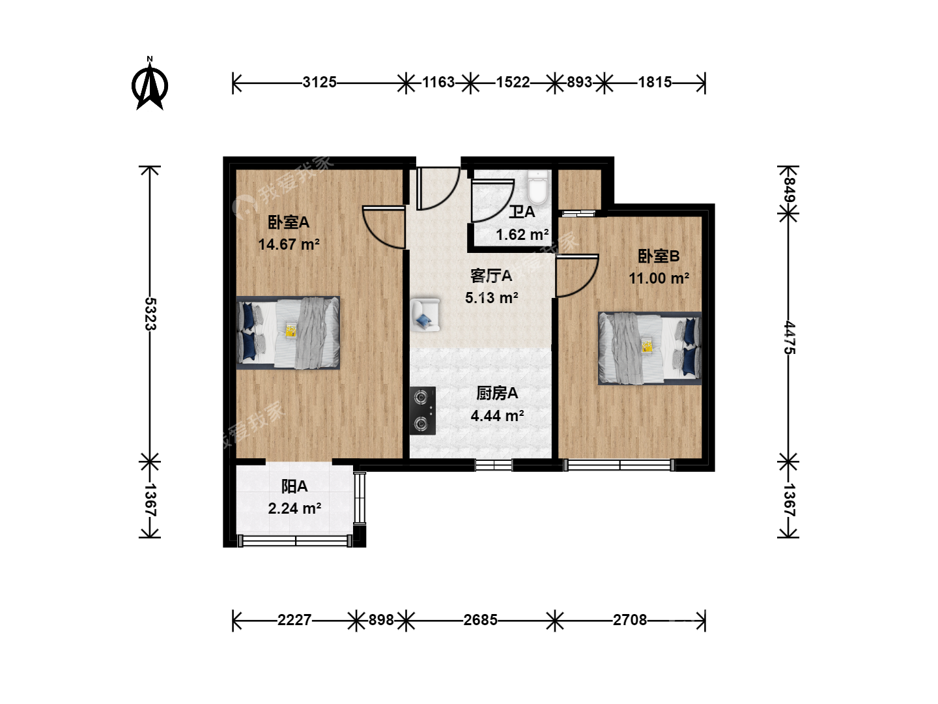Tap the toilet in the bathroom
(537, 187)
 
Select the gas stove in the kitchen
(423, 411)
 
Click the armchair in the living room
(425, 315)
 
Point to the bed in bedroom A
(288, 332)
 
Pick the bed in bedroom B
(649, 348)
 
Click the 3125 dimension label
(319, 82)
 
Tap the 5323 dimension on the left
(150, 314)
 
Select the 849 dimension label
(788, 190)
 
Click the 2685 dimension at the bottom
(480, 620)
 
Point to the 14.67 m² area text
(289, 244)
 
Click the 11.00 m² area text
(659, 278)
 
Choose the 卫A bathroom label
(522, 212)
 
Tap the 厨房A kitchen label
(497, 393)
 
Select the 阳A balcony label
(294, 486)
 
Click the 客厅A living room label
(491, 276)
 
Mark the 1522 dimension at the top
(513, 82)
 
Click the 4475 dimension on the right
(789, 338)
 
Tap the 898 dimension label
(381, 620)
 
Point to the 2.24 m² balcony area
(294, 508)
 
